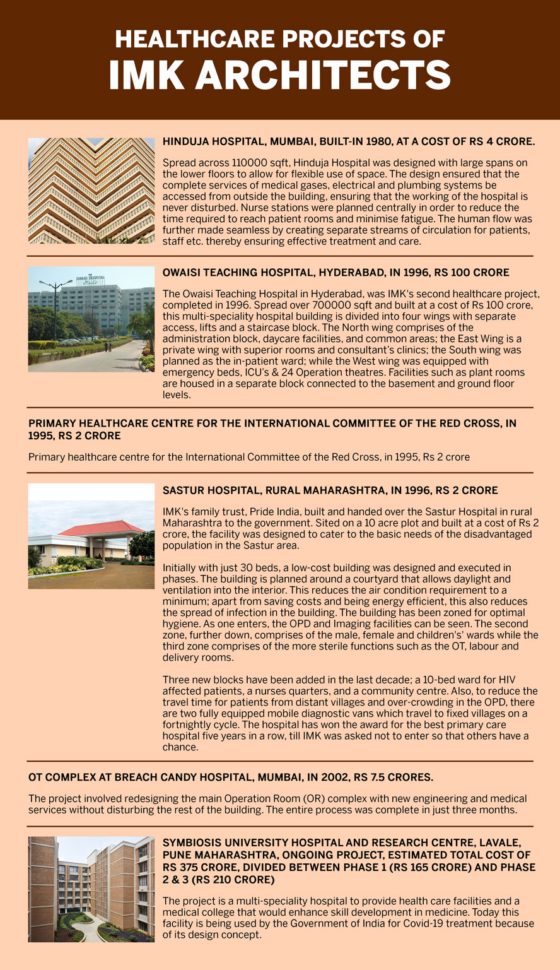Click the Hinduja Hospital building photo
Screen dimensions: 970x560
[91, 191]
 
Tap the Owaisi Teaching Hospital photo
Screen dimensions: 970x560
[91, 319]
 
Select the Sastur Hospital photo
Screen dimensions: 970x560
[91, 536]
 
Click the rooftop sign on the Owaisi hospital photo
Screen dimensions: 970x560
[90, 279]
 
